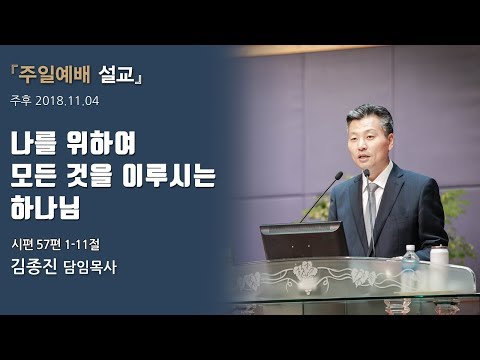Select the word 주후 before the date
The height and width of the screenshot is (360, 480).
click(22, 100)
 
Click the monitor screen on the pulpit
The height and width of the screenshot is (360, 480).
click(301, 240)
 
